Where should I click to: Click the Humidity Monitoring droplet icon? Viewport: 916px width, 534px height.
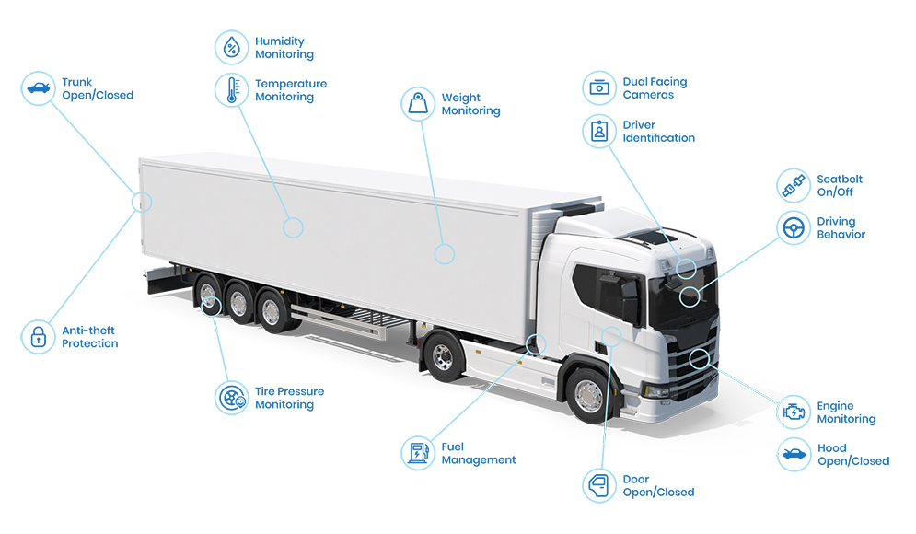[231, 48]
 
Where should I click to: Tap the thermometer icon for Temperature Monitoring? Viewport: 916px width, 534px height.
[231, 90]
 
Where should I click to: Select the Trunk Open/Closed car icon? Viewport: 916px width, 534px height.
[38, 88]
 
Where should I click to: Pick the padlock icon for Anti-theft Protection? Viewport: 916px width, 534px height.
[38, 337]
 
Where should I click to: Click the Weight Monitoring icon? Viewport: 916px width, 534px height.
[418, 104]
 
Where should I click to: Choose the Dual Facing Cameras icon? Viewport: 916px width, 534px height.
[599, 88]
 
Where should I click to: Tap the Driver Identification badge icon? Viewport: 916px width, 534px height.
[599, 131]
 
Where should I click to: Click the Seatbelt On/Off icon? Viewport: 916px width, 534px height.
[793, 186]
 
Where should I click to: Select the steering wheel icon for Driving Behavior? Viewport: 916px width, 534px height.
[793, 227]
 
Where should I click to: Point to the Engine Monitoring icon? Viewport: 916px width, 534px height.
[793, 412]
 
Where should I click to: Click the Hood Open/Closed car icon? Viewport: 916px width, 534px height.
[793, 454]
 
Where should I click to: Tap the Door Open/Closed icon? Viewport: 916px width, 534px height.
[599, 485]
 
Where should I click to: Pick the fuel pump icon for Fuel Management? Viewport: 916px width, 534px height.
[418, 453]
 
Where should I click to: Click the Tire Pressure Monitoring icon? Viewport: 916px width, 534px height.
[231, 398]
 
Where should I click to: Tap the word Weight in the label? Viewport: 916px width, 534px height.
[461, 98]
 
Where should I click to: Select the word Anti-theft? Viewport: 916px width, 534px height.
[88, 331]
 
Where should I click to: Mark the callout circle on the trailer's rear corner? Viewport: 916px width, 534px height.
[143, 203]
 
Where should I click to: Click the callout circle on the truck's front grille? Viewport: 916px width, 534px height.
[700, 358]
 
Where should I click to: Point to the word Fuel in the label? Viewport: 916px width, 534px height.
[453, 447]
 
